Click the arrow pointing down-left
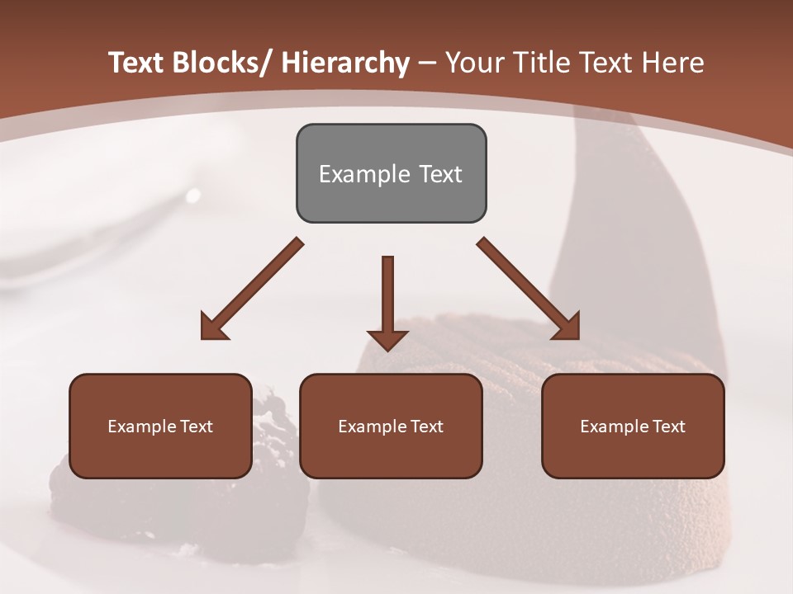pyautogui.click(x=252, y=289)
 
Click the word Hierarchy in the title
pyautogui.click(x=345, y=63)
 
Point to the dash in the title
pyautogui.click(x=427, y=63)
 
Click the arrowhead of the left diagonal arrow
pyautogui.click(x=213, y=327)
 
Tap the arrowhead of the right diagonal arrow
pyautogui.click(x=567, y=327)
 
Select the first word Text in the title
pyautogui.click(x=138, y=63)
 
